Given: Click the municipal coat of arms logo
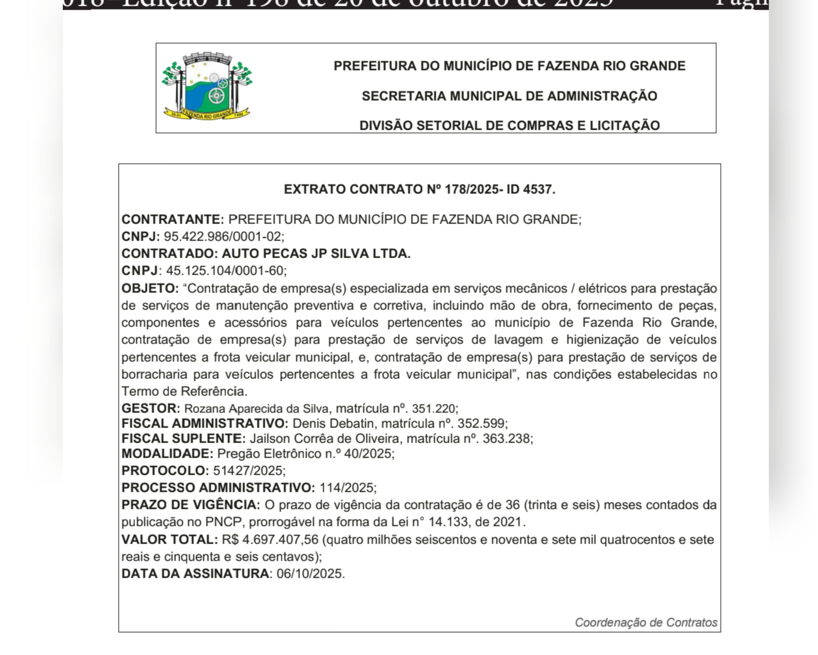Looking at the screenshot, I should tap(207, 87).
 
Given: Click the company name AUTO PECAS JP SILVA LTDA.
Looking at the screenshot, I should tap(316, 254).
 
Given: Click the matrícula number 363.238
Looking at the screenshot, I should tap(506, 439).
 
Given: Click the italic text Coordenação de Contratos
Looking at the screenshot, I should tap(646, 623).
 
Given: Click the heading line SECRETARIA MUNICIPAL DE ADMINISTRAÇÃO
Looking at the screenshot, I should tap(509, 96).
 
